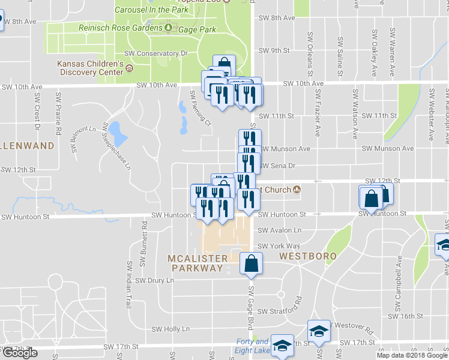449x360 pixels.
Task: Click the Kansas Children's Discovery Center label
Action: [90, 68]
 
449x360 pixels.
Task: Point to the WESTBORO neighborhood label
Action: [306, 256]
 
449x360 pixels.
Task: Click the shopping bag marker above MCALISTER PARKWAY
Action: [251, 263]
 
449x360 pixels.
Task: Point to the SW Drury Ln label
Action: [154, 280]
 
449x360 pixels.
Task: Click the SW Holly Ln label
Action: [170, 329]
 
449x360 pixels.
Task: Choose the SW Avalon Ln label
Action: [280, 230]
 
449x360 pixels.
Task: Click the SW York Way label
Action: [278, 246]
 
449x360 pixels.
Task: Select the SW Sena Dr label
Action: [279, 165]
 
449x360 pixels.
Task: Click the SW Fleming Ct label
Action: [201, 109]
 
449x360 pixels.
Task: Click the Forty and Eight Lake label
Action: [252, 346]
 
